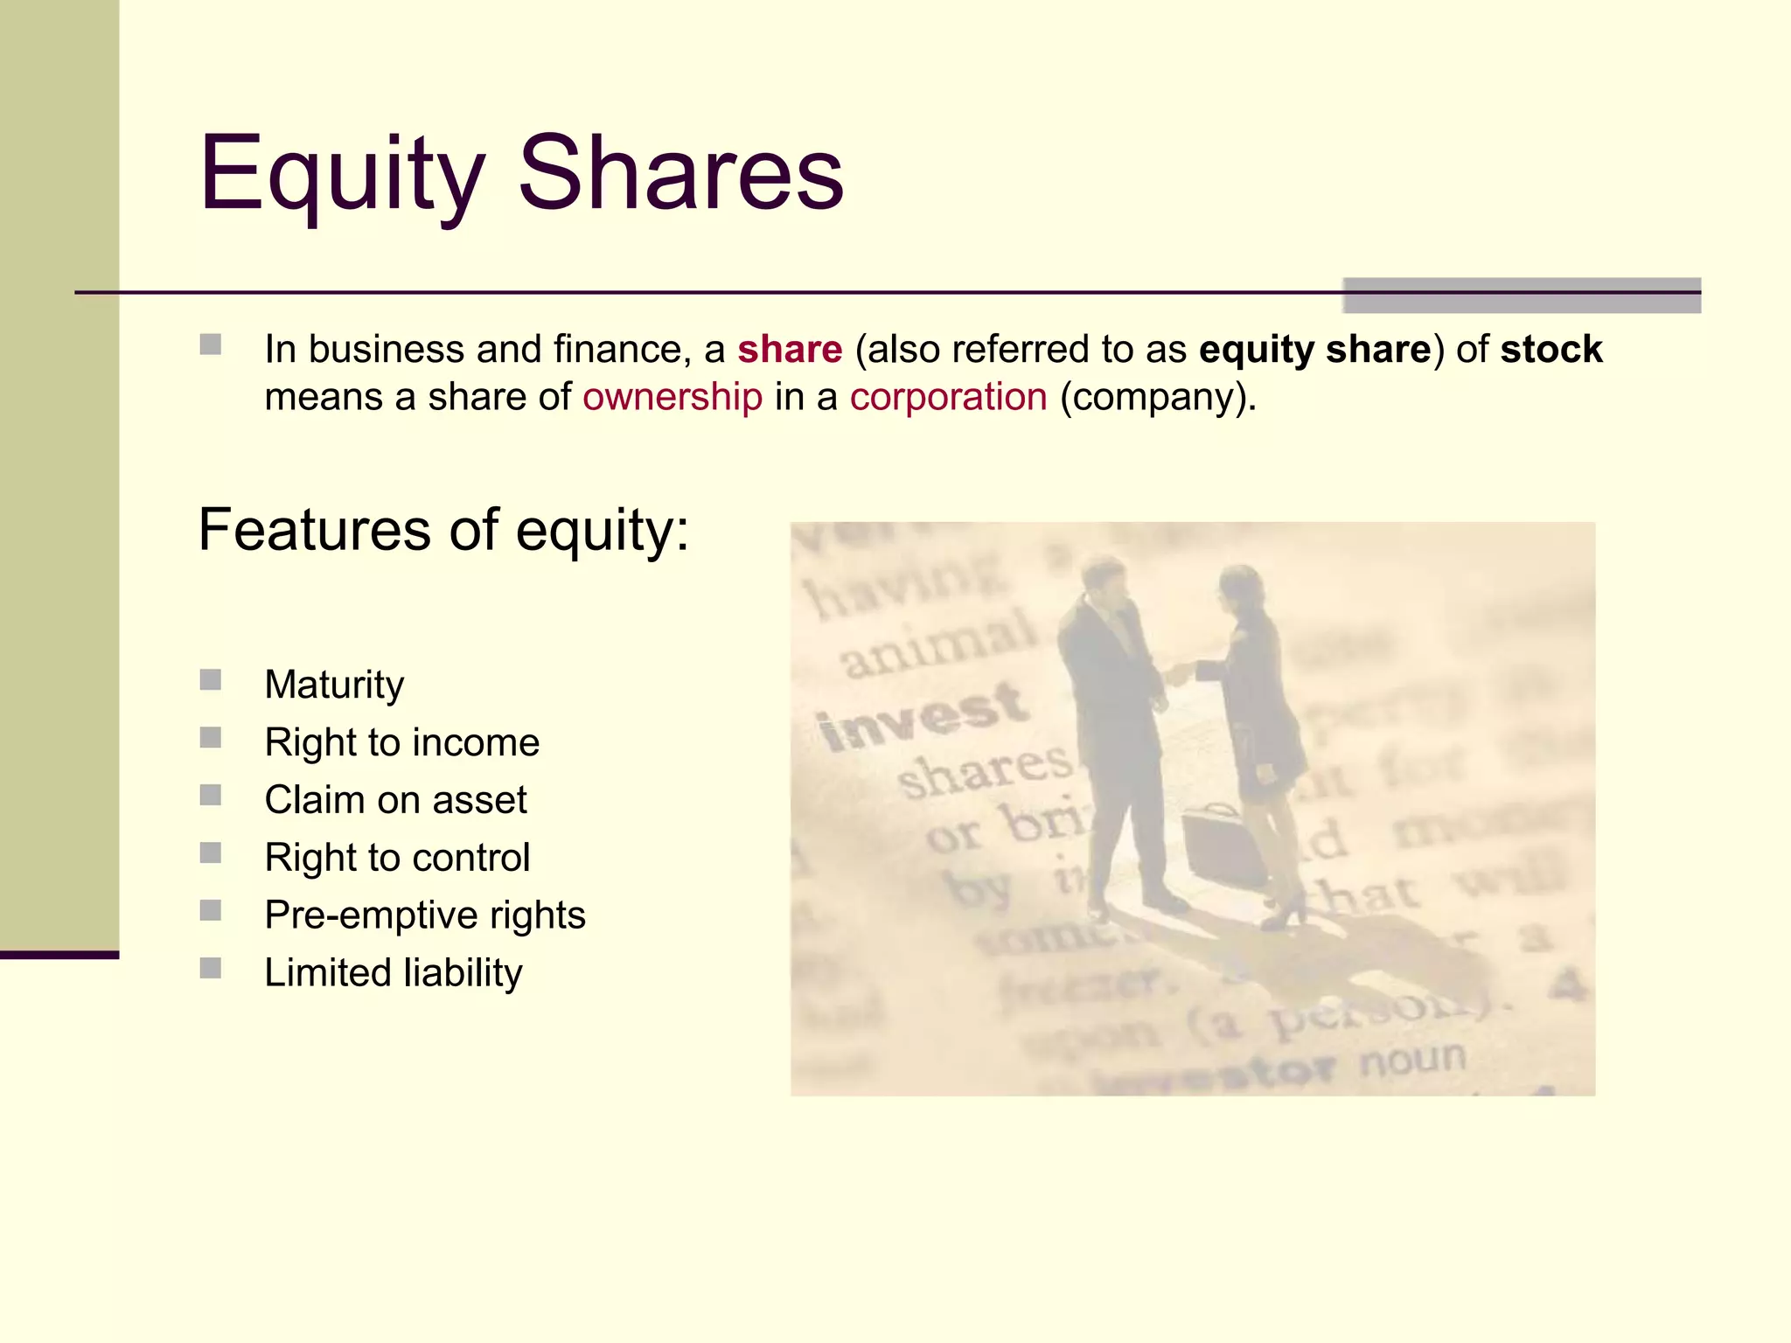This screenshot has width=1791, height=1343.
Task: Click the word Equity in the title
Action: (341, 175)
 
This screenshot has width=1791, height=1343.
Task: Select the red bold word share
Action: (789, 349)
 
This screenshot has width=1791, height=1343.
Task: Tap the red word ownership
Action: (672, 397)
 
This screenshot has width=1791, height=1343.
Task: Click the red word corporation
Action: (948, 397)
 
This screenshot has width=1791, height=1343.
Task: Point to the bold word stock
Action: (1551, 349)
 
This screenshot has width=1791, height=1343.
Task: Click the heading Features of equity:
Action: (443, 530)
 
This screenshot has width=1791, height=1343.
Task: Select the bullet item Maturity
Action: (334, 684)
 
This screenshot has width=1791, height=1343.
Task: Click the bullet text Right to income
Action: (401, 742)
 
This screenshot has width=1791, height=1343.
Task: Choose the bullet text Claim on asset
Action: (395, 800)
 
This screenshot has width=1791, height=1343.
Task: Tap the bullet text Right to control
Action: (397, 858)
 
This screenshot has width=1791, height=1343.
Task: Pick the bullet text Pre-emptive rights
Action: (424, 915)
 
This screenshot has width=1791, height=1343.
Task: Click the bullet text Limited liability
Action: (393, 973)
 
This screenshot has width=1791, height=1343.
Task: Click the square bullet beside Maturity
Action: (210, 680)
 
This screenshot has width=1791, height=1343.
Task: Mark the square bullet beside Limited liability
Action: (210, 968)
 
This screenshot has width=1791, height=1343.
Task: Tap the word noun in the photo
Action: (1411, 1060)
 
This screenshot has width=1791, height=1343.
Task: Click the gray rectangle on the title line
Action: (1521, 296)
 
